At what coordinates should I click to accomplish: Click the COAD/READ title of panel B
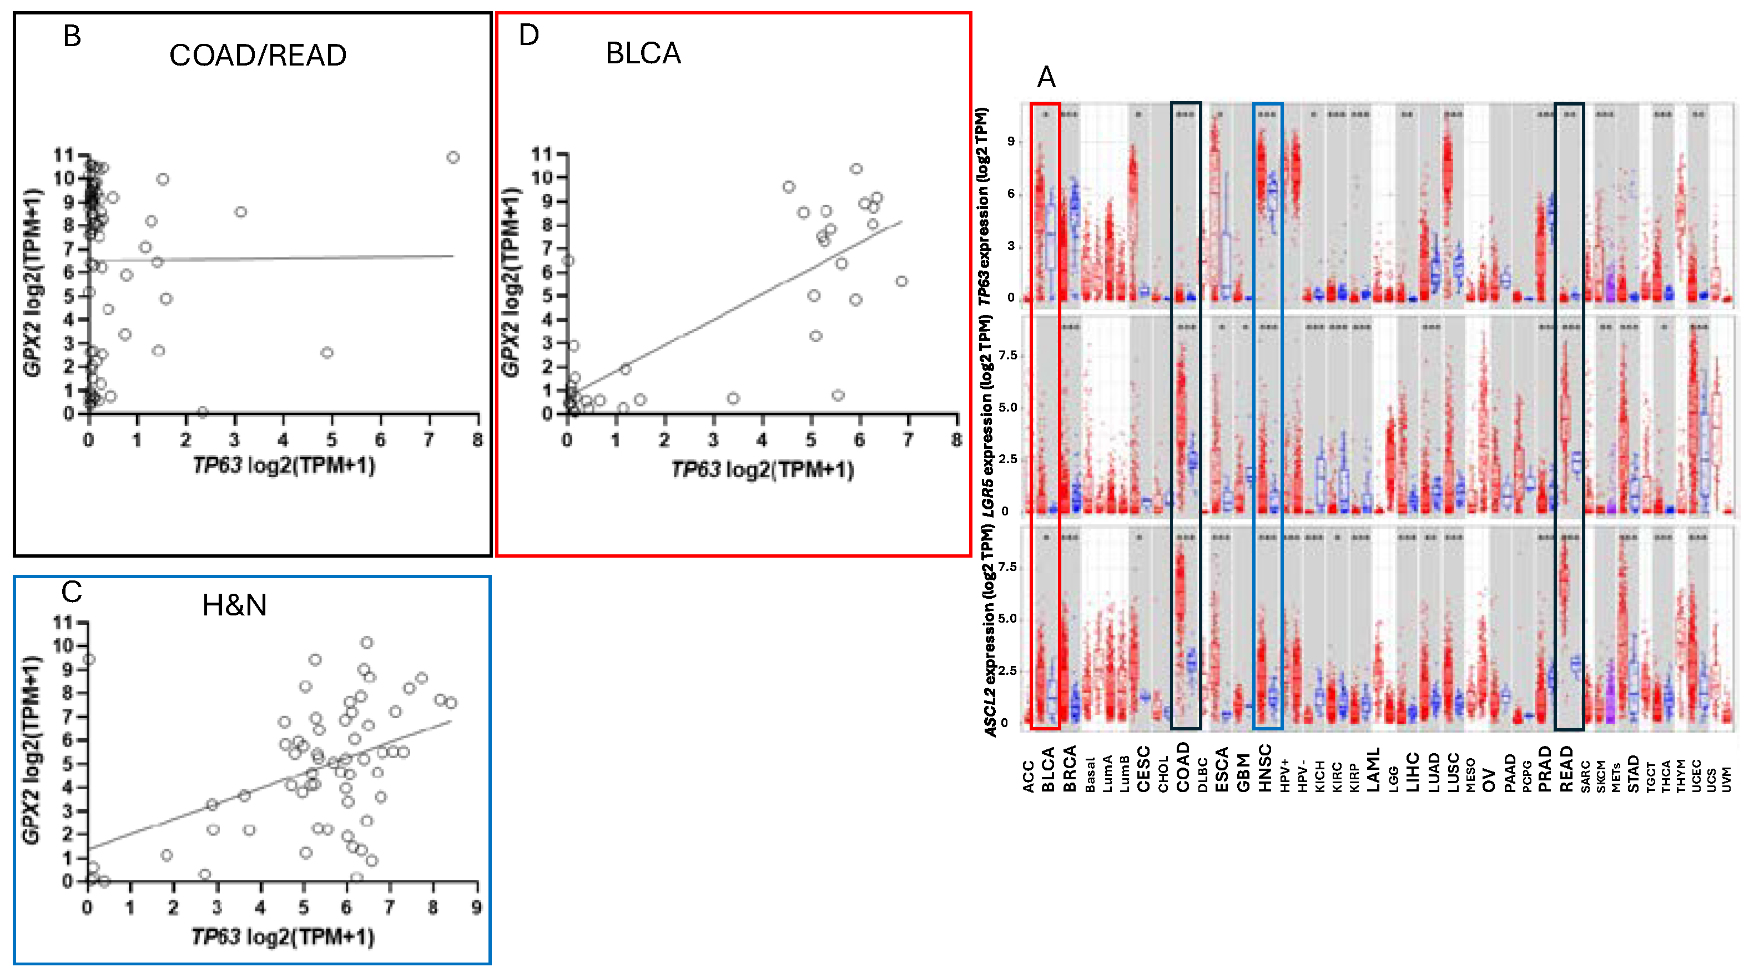pyautogui.click(x=258, y=55)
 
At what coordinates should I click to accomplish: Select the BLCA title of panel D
pyautogui.click(x=643, y=53)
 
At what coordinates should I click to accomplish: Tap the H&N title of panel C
pyautogui.click(x=234, y=605)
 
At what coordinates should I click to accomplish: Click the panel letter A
pyautogui.click(x=1046, y=77)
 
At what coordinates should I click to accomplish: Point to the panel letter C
pyautogui.click(x=72, y=592)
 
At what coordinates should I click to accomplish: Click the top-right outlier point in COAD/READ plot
pyautogui.click(x=453, y=157)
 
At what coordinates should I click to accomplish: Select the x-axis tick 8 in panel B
pyautogui.click(x=477, y=440)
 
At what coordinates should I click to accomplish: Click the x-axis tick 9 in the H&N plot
pyautogui.click(x=477, y=908)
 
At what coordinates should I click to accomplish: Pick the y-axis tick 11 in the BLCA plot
pyautogui.click(x=542, y=154)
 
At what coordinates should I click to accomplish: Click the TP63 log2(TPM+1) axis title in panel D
pyautogui.click(x=762, y=469)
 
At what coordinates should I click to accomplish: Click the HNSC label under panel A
pyautogui.click(x=1265, y=769)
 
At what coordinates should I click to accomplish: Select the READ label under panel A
pyautogui.click(x=1567, y=769)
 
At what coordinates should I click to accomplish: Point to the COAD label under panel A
pyautogui.click(x=1183, y=767)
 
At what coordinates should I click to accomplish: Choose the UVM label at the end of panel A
pyautogui.click(x=1726, y=779)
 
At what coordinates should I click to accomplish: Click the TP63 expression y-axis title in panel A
pyautogui.click(x=983, y=206)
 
